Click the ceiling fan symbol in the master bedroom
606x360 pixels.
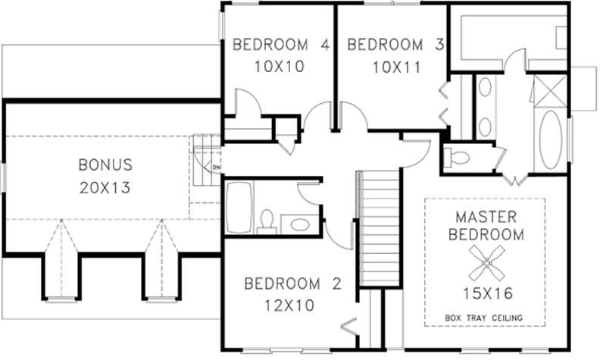484,261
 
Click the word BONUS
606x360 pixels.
105,164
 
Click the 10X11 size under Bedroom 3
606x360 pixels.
395,67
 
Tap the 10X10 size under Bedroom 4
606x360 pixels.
279,67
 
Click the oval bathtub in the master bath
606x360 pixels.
551,140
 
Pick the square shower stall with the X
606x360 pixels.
549,91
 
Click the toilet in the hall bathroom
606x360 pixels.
266,221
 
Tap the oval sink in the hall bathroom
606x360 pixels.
300,225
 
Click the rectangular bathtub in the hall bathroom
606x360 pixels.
237,207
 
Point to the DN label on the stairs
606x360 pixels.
216,167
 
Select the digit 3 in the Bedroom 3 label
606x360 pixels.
439,45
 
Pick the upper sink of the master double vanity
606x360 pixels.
485,87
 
